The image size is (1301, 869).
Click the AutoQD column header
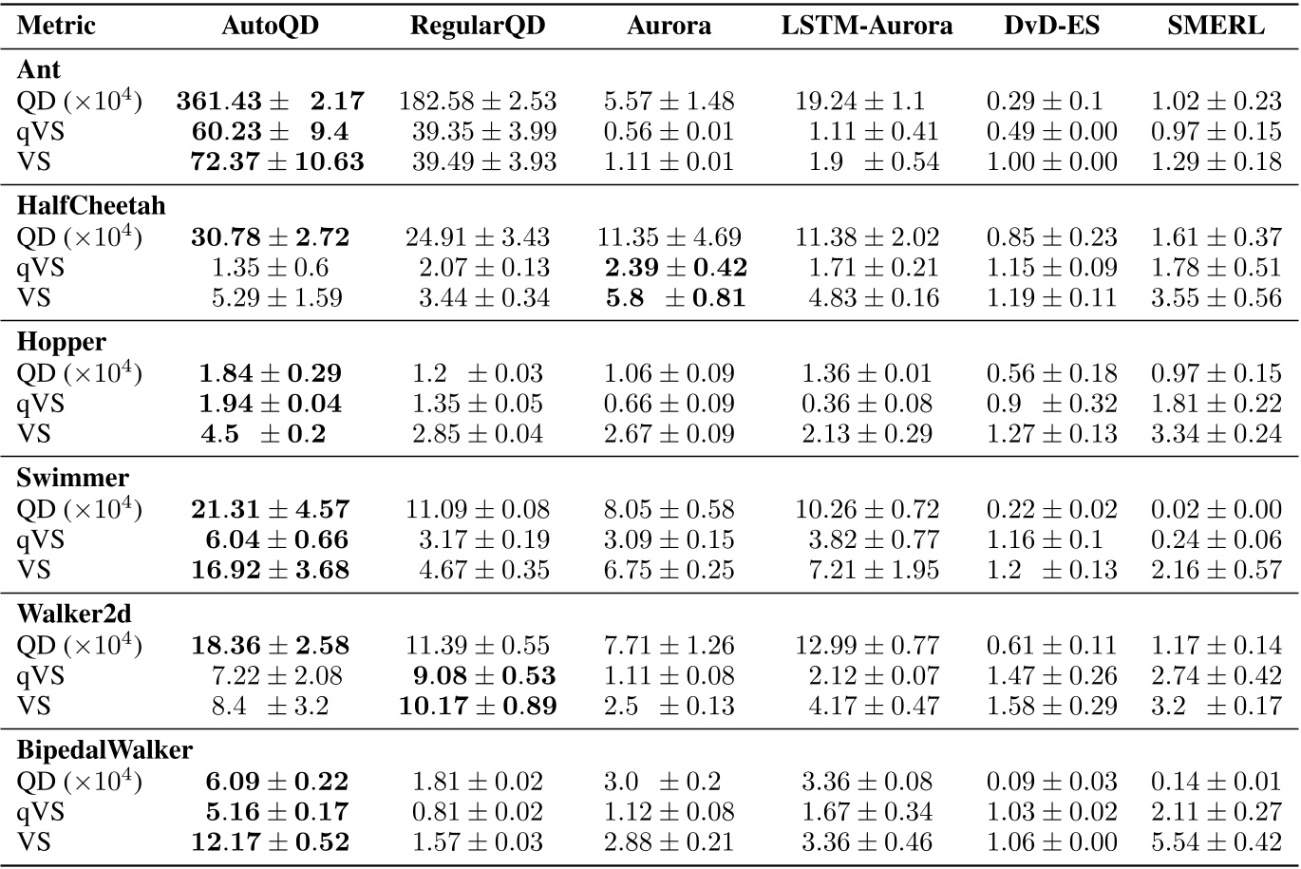[270, 26]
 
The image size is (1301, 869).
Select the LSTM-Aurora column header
[866, 26]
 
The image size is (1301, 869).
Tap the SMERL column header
[1216, 26]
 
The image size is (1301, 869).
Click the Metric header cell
[56, 26]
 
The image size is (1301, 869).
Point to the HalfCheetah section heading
[90, 206]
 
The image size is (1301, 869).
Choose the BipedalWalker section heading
[104, 750]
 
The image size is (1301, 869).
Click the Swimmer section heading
[72, 478]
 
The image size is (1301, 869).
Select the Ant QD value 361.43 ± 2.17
[270, 102]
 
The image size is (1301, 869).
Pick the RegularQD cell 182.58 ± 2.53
[478, 102]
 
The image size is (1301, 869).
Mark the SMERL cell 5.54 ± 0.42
[1216, 841]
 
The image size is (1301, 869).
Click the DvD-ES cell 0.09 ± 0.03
[1051, 782]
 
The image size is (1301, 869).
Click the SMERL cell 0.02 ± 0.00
[1216, 510]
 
